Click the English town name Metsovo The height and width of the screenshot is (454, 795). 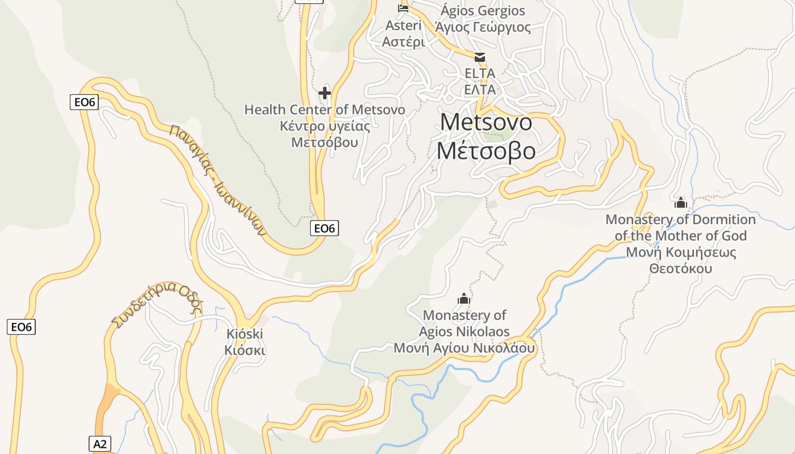(x=486, y=123)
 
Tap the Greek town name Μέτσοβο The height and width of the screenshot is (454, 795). (x=486, y=150)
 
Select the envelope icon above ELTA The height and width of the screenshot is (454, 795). (x=480, y=57)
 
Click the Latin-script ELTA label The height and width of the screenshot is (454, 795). (x=480, y=73)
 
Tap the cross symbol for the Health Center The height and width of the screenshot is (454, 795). (x=325, y=93)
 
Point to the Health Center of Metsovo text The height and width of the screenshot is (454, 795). (x=325, y=110)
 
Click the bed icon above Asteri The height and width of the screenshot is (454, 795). (x=403, y=8)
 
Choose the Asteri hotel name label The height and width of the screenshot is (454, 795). (x=403, y=26)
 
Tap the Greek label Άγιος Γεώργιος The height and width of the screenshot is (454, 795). (x=483, y=27)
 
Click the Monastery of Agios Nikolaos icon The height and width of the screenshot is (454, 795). (x=464, y=299)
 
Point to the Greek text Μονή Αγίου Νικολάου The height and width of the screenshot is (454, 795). (x=464, y=348)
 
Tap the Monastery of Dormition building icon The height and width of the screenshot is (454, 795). (x=680, y=203)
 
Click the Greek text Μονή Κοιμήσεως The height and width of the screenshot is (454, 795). (x=681, y=253)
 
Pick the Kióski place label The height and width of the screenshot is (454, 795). (x=245, y=334)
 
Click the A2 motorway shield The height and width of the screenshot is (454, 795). (x=99, y=444)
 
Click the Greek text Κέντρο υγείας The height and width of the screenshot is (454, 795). (x=325, y=126)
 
